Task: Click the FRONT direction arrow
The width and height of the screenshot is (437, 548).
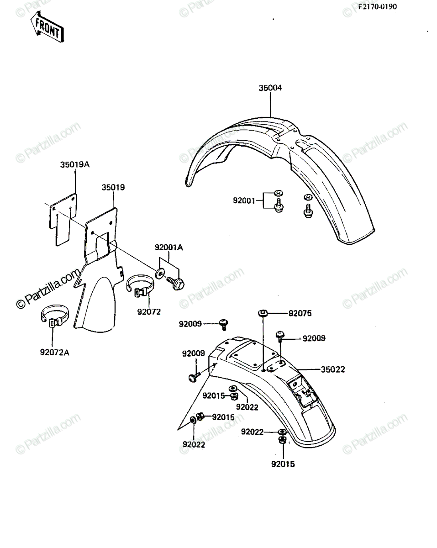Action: pyautogui.click(x=47, y=26)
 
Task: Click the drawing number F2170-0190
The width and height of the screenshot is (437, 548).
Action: pyautogui.click(x=377, y=6)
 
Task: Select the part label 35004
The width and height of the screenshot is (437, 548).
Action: pyautogui.click(x=270, y=88)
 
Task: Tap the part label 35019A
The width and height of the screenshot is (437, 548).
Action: pyautogui.click(x=75, y=164)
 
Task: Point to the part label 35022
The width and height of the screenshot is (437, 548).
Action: pyautogui.click(x=333, y=369)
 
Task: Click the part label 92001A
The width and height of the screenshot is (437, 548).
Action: pyautogui.click(x=168, y=247)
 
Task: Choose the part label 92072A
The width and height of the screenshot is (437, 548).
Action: pyautogui.click(x=54, y=353)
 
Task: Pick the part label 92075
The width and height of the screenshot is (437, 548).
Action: pyautogui.click(x=300, y=313)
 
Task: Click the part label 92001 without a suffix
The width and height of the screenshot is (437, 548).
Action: pyautogui.click(x=244, y=200)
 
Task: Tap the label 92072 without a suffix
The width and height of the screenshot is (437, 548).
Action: pyautogui.click(x=149, y=312)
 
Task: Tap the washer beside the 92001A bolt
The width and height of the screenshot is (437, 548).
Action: pyautogui.click(x=159, y=274)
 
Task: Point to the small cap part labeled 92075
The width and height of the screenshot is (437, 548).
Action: pyautogui.click(x=263, y=313)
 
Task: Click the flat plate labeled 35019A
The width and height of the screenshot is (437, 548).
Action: pyautogui.click(x=63, y=220)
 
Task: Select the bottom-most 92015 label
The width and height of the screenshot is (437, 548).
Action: pyautogui.click(x=283, y=464)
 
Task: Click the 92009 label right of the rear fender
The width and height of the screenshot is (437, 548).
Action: pyautogui.click(x=314, y=338)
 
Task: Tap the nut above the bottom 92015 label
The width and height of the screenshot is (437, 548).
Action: pyautogui.click(x=282, y=440)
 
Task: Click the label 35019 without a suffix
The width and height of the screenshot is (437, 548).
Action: pyautogui.click(x=113, y=187)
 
